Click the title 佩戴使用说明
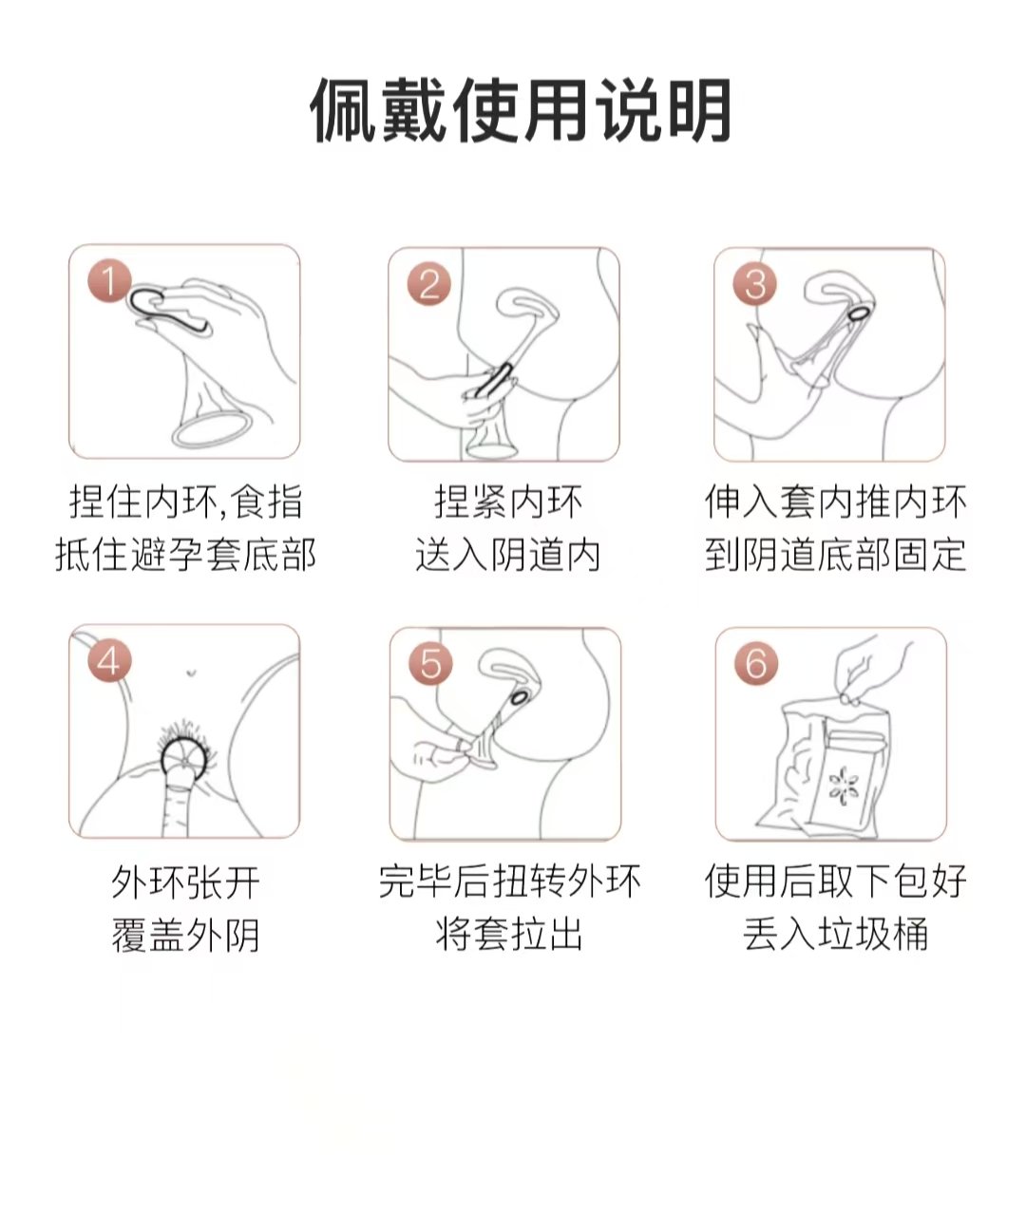point(521,111)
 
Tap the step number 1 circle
point(108,282)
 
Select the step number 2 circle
point(429,284)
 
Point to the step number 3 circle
point(755,284)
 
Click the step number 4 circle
point(108,662)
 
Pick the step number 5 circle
point(430,664)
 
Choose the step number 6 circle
point(755,664)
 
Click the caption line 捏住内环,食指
point(185,502)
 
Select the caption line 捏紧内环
point(508,502)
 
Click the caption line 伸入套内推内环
point(835,502)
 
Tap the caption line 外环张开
point(185,882)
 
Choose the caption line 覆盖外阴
point(185,936)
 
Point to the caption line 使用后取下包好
point(835,882)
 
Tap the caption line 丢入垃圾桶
point(835,936)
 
